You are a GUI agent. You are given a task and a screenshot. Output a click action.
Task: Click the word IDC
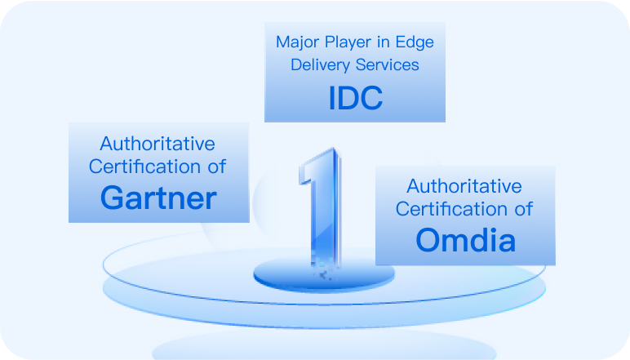(356, 98)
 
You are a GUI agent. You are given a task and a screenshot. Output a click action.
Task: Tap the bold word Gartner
(158, 198)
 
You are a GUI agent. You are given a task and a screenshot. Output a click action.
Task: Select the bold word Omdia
(466, 240)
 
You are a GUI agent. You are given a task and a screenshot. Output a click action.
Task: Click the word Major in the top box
(298, 42)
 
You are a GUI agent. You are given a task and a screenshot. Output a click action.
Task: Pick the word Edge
(415, 42)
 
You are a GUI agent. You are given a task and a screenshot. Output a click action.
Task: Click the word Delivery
(320, 65)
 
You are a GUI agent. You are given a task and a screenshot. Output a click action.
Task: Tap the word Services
(388, 64)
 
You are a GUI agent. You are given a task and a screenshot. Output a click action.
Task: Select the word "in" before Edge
(384, 42)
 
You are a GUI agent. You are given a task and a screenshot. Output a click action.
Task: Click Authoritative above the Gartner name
(157, 144)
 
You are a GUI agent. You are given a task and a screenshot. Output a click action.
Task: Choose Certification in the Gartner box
(144, 167)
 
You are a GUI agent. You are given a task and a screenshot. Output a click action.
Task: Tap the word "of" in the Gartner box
(217, 167)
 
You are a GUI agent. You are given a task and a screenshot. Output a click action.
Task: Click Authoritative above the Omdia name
(464, 186)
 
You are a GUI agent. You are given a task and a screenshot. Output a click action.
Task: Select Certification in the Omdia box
(451, 209)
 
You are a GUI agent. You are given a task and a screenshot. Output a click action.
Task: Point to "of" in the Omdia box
(524, 209)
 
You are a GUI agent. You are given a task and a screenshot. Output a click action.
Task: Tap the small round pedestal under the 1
(324, 276)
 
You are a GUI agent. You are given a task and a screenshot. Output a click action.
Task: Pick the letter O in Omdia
(429, 240)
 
